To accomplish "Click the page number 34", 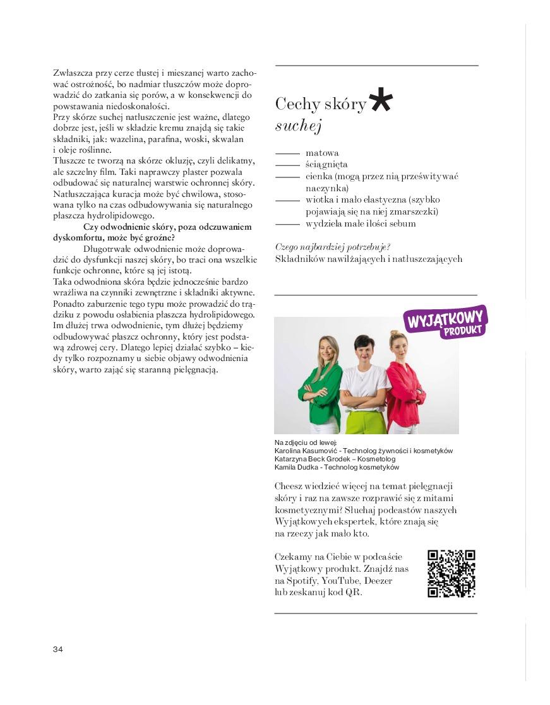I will pos(58,649).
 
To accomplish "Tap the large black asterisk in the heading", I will pos(380,100).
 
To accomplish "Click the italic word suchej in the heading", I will pos(299,126).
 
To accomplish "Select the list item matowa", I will pos(322,153).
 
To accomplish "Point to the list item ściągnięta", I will pos(326,165).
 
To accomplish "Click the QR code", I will pos(451,574).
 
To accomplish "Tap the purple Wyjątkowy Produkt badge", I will pos(446,322).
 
